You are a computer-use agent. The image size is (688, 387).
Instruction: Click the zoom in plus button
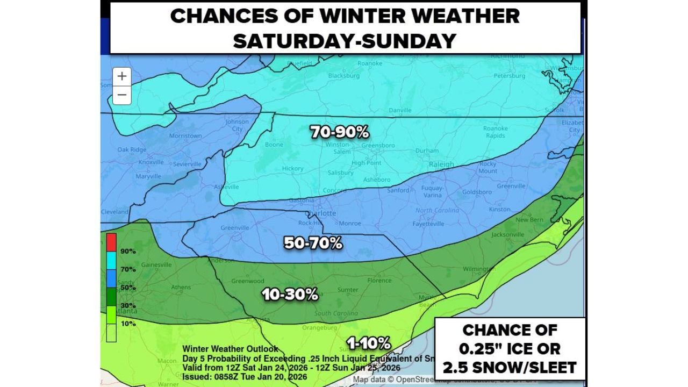(x=122, y=76)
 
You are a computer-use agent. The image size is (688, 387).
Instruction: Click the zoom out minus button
(x=122, y=95)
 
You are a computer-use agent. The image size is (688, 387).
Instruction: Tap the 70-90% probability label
(x=340, y=132)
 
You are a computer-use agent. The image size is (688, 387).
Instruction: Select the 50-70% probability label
(x=313, y=243)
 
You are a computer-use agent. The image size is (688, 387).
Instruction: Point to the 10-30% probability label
(x=290, y=295)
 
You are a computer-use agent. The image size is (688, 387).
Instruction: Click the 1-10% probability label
(x=369, y=343)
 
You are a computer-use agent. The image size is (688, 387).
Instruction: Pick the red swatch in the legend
(x=111, y=242)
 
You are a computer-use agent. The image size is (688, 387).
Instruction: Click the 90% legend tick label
(x=128, y=252)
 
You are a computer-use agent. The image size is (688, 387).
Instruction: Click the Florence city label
(x=379, y=281)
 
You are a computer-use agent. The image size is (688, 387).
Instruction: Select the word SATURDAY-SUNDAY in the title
(x=345, y=40)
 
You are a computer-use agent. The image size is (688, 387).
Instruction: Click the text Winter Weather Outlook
(x=230, y=349)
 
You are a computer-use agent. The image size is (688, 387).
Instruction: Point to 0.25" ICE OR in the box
(x=510, y=348)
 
